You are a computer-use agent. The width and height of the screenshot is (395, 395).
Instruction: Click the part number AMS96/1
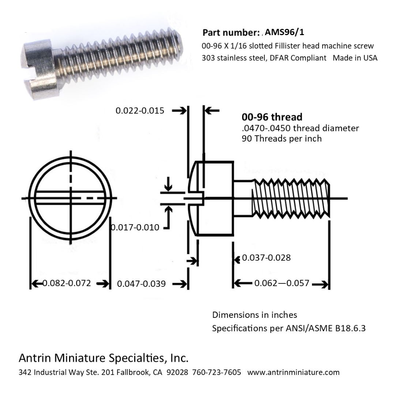pos(285,32)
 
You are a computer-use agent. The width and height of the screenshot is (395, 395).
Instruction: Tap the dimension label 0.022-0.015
pos(140,110)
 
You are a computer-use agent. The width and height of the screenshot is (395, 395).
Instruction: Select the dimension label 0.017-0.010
pos(135,227)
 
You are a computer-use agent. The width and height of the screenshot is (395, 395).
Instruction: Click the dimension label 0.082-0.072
pos(67,283)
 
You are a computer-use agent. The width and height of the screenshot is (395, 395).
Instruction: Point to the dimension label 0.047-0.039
pos(141,284)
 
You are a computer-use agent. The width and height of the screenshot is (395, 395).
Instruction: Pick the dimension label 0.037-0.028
pos(266,258)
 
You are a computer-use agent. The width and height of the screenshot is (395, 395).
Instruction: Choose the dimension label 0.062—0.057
pos(282,283)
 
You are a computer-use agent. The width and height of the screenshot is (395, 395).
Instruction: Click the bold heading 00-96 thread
pos(272,117)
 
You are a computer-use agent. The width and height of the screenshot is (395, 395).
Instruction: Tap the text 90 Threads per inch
pos(282,139)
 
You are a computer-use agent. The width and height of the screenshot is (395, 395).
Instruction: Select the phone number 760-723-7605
pos(217,372)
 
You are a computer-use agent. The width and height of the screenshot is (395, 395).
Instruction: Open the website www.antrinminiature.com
pos(293,372)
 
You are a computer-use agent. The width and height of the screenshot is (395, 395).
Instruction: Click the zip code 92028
pos(177,372)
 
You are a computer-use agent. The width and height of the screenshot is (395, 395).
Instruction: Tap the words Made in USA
pos(355,58)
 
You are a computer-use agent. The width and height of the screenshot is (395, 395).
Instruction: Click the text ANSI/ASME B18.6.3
pos(326,328)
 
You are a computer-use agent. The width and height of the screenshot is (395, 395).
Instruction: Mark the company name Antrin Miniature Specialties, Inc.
pos(104,358)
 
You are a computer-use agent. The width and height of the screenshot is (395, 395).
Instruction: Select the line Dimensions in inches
pos(255,315)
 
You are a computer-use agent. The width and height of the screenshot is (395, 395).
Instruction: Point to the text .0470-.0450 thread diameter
pos(300,128)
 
